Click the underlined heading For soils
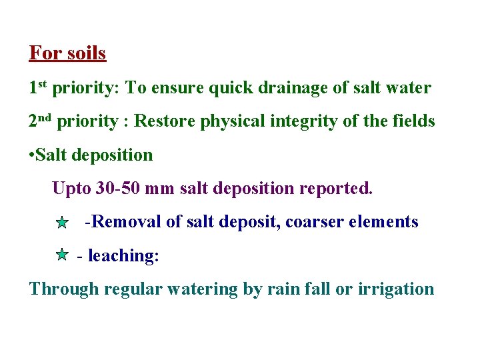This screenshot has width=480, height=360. pos(67,53)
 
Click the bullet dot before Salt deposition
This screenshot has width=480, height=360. pos(32,155)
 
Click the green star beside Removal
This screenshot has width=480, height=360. pos(62,223)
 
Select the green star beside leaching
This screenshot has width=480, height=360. pos(62,255)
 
